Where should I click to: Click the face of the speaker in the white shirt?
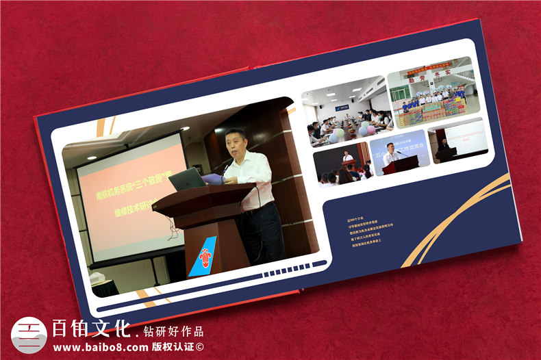pos(236,142)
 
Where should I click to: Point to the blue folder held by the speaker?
pos(212,179)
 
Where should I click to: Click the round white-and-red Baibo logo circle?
pos(29,335)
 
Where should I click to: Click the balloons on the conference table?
pos(365,129)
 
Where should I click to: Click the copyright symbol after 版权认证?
pos(199,347)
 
